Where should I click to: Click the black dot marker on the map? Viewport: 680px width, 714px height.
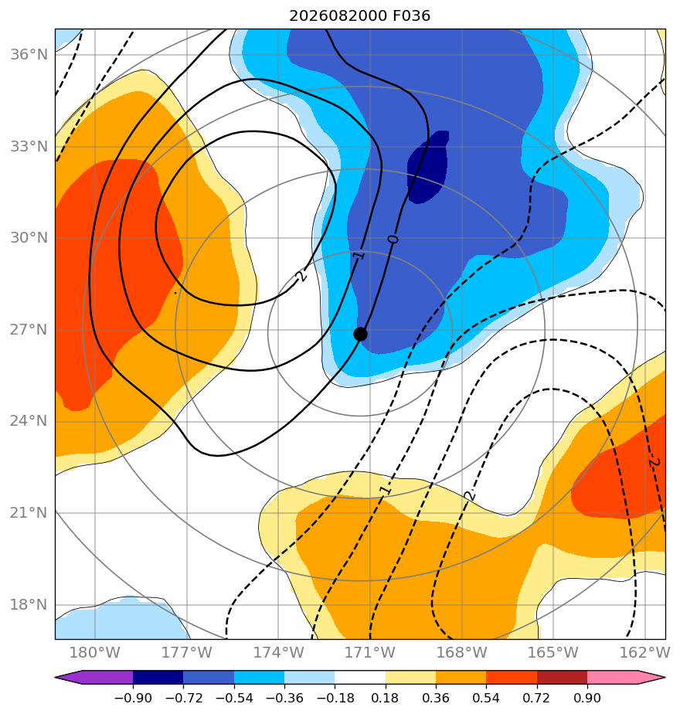tap(360, 335)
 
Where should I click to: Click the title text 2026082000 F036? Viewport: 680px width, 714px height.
tap(360, 16)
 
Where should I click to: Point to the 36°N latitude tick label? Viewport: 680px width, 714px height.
tap(29, 55)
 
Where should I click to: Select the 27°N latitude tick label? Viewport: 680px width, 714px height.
tap(29, 330)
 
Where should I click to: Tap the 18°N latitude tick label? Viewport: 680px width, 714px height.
tap(29, 605)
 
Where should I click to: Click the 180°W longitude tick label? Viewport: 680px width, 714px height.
tap(95, 652)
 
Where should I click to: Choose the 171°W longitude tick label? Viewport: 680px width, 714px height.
tap(370, 652)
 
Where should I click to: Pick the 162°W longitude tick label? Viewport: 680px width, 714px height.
tap(645, 652)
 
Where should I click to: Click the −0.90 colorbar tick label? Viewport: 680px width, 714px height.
tap(133, 698)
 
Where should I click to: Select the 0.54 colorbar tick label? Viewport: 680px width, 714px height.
tap(486, 698)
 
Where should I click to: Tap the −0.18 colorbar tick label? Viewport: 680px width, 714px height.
tap(335, 698)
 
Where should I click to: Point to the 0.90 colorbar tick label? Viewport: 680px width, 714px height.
tap(587, 698)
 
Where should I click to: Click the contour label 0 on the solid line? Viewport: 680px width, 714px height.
tap(393, 239)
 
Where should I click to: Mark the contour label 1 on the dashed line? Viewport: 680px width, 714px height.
tap(386, 490)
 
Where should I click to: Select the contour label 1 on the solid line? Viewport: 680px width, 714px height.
tap(359, 256)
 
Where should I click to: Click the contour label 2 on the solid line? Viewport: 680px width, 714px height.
tap(301, 276)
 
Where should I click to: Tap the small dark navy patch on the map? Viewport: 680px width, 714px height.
tap(427, 167)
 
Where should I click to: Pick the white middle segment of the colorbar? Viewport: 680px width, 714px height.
tap(360, 678)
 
